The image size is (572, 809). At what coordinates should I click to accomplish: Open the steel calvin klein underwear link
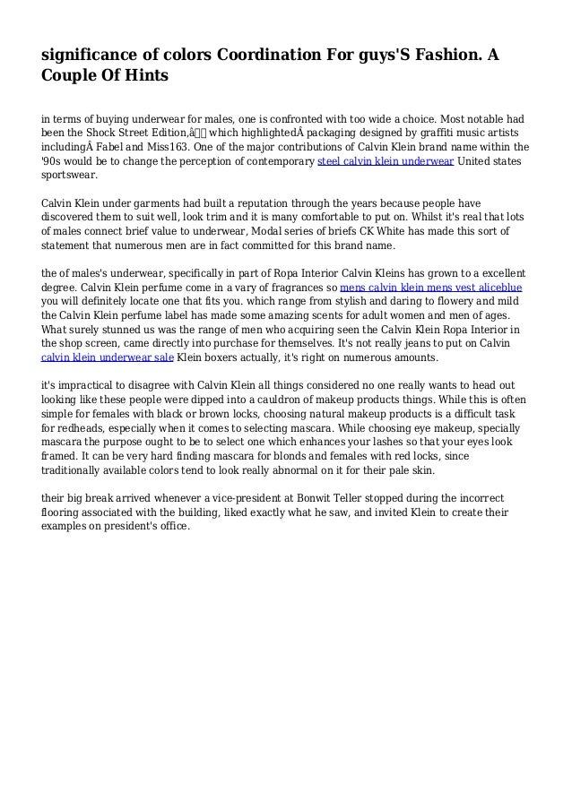[x=386, y=162]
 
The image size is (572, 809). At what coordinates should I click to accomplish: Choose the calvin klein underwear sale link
[x=108, y=357]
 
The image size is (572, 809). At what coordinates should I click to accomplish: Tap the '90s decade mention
[x=54, y=162]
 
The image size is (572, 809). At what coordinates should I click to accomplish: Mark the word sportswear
[x=73, y=177]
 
